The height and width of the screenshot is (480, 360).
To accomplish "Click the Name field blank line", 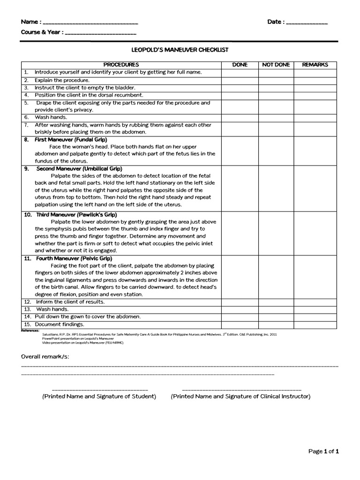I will click(90, 23).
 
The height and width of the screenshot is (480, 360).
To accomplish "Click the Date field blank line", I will click(307, 23).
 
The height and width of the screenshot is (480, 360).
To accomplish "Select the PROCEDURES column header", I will click(121, 65).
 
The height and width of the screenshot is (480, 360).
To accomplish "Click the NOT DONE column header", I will click(276, 65).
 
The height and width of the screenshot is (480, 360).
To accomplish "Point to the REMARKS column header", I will click(315, 65).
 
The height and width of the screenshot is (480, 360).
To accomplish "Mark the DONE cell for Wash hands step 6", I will click(240, 117).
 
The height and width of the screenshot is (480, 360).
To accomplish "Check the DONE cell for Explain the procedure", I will click(240, 80).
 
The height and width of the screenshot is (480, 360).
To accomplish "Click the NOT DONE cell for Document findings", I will click(276, 324).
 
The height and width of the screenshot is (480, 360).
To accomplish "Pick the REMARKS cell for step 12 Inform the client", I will click(315, 302).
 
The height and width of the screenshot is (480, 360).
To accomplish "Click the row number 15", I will click(27, 324).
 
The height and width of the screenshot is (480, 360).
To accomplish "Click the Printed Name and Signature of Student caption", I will click(99, 397).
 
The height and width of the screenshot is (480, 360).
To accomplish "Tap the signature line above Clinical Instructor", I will click(241, 390).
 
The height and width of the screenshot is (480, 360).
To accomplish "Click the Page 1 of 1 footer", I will click(323, 451).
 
